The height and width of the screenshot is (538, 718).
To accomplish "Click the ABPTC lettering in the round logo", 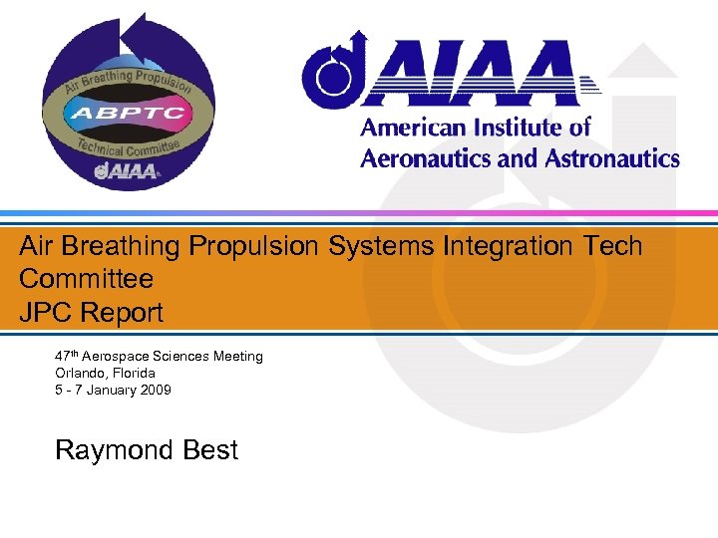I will click(127, 113).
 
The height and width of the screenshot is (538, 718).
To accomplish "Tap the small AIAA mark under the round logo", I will click(127, 171).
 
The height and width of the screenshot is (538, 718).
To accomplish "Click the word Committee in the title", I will click(86, 278).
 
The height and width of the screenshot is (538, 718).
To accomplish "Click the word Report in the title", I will click(122, 313).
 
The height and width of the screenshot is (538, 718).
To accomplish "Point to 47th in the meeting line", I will click(67, 356).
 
